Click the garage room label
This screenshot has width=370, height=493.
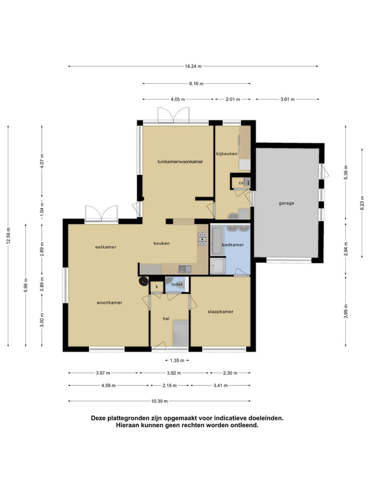(x=286, y=203)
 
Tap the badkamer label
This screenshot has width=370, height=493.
(x=233, y=244)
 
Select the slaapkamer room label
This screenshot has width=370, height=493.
(x=220, y=312)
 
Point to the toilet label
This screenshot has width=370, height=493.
(x=177, y=284)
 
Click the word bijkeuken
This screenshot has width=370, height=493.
(x=227, y=154)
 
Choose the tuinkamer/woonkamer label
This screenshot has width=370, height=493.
(x=180, y=162)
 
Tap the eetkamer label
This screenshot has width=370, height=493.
(x=106, y=247)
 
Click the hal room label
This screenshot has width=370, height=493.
(x=166, y=318)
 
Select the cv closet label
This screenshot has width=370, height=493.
(x=241, y=183)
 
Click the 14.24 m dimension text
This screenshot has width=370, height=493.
(x=193, y=66)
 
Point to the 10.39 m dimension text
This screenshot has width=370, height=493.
(x=159, y=401)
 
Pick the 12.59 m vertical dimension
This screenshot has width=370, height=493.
(x=8, y=235)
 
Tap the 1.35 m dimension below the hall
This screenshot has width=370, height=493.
(x=177, y=361)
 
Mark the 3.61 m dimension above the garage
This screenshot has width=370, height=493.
(x=288, y=99)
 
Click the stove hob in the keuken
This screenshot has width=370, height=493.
(x=202, y=239)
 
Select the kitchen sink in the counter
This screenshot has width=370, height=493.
(x=185, y=269)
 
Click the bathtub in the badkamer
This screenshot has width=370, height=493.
(x=217, y=241)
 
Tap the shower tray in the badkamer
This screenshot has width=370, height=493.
(x=218, y=266)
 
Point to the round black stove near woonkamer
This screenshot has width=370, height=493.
(x=144, y=281)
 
